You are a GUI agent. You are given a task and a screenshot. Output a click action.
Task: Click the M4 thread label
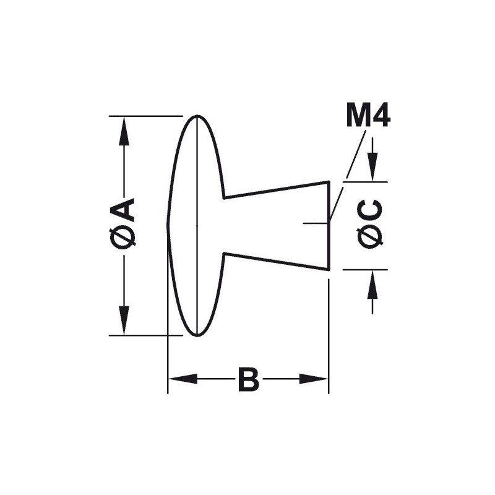pos(368,115)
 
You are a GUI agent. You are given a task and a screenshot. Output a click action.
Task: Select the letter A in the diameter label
pos(123,209)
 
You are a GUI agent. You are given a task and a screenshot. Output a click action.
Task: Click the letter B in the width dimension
pos(249,379)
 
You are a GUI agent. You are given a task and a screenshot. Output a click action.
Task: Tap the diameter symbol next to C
pos(370,238)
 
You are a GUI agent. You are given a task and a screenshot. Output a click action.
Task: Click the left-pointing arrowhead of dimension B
pos(183,379)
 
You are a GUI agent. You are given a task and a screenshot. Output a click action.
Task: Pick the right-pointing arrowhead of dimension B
pos(314,379)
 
